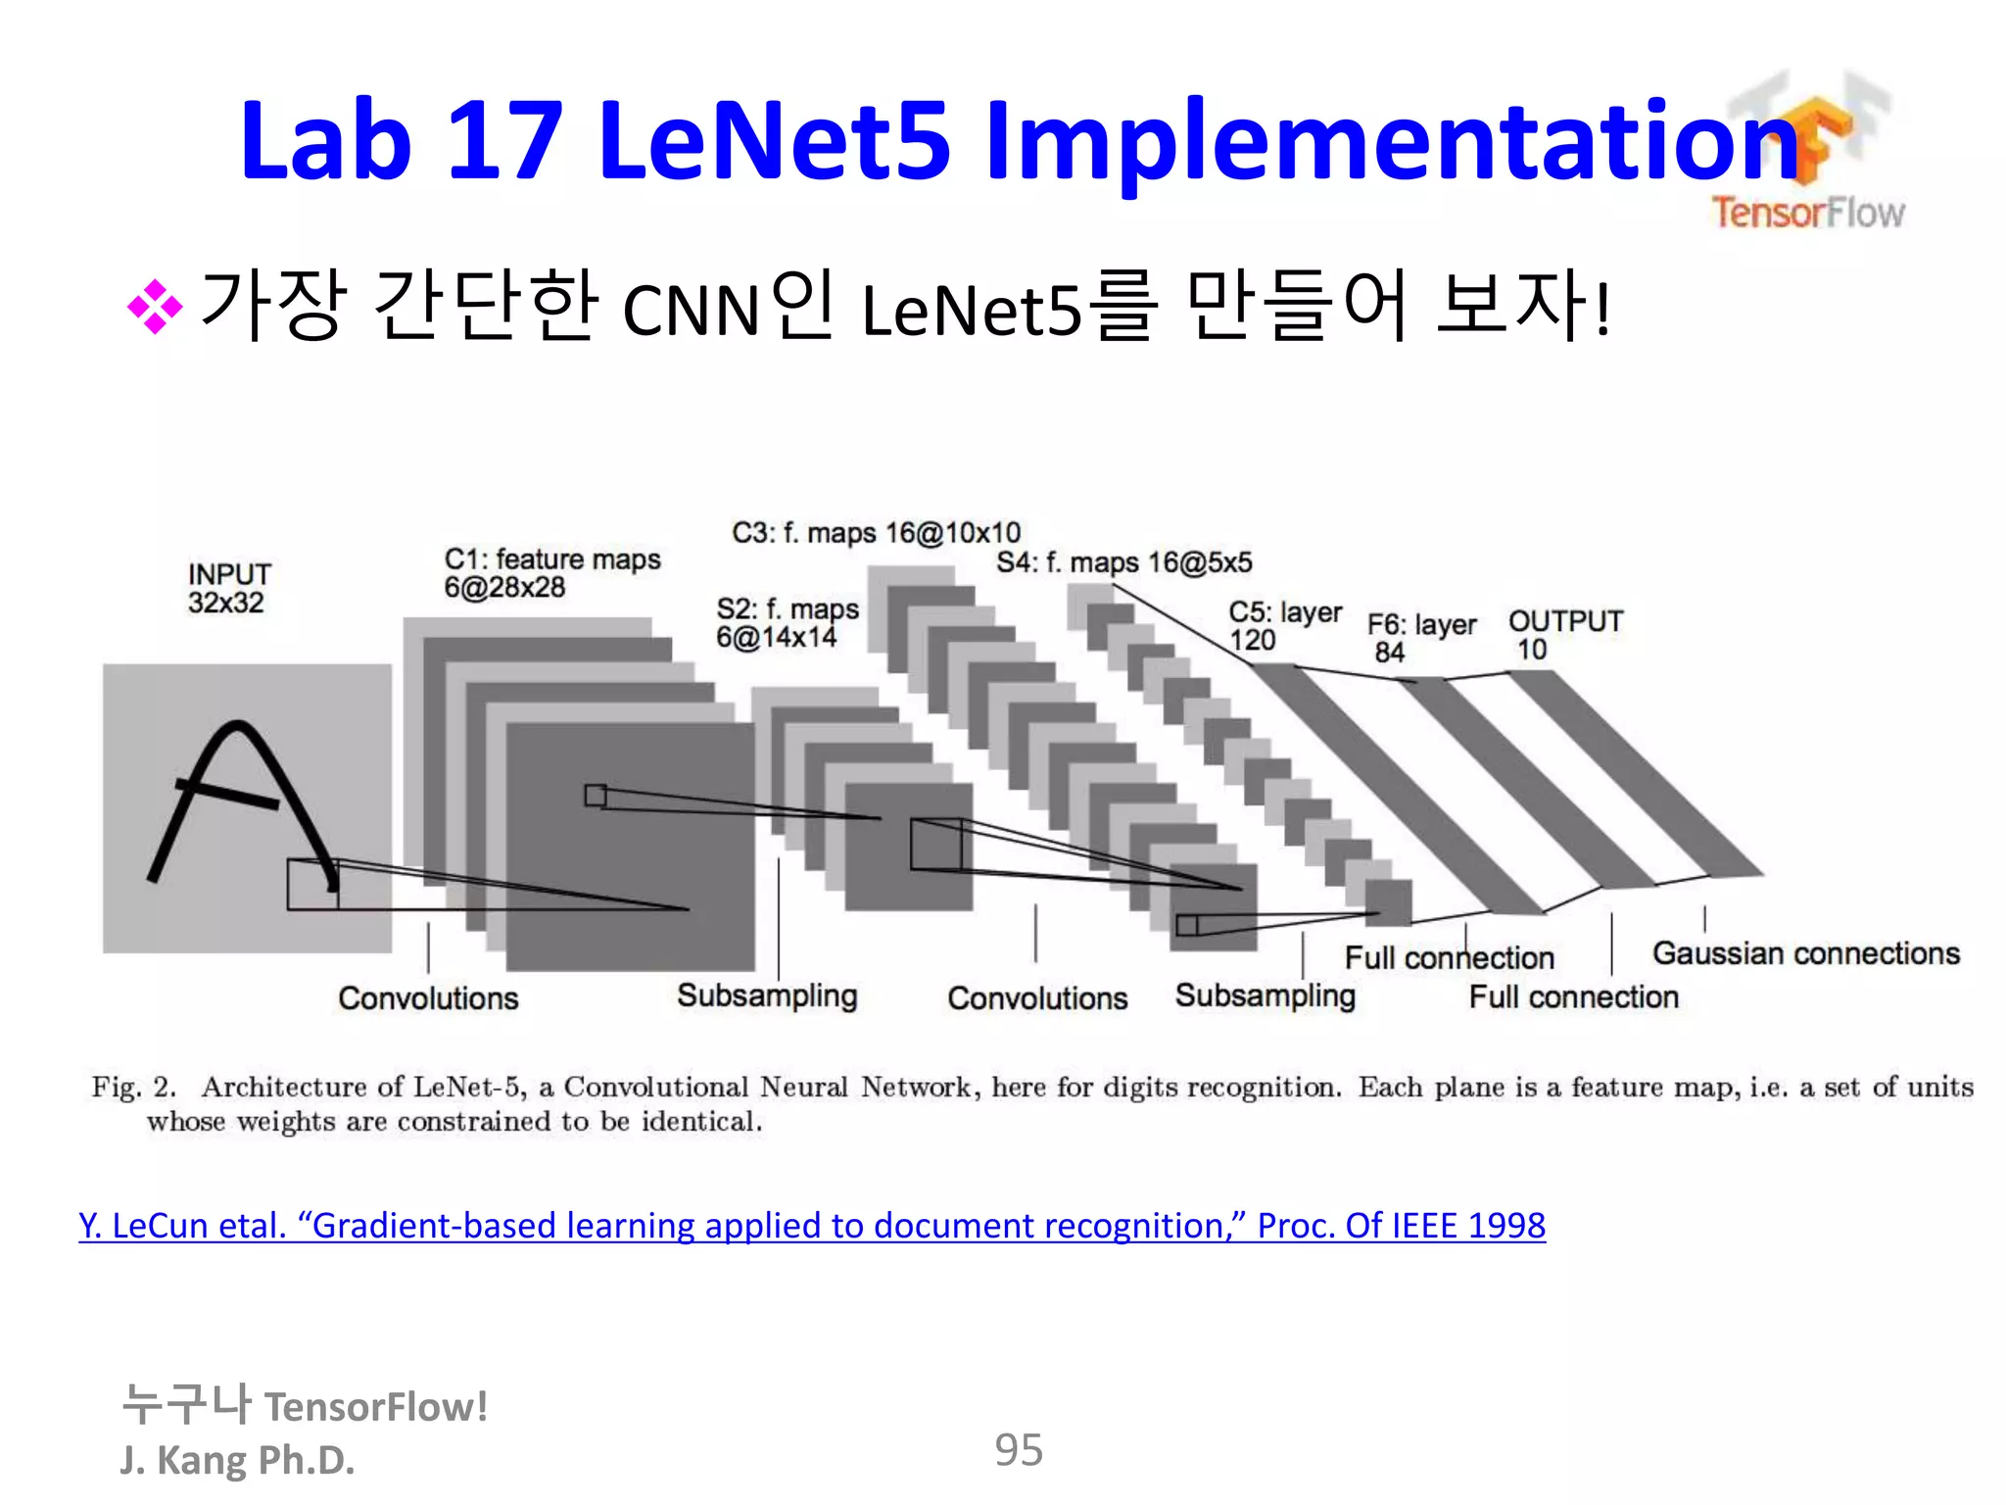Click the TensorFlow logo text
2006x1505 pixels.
coord(1807,212)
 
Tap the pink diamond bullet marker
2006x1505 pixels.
coord(155,307)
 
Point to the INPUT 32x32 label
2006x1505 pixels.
coord(228,588)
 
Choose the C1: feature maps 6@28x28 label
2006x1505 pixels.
coord(551,573)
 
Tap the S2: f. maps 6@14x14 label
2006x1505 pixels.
coord(787,623)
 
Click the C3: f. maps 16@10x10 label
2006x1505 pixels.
coord(876,533)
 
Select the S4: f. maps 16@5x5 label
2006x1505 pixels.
coord(1123,562)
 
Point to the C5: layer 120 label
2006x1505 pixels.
coord(1284,626)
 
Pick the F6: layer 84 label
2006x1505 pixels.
coord(1420,638)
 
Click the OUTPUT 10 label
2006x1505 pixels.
coord(1564,635)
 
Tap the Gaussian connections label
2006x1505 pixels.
coord(1805,953)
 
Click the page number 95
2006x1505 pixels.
coord(1019,1450)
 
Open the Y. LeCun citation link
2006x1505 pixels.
coord(811,1226)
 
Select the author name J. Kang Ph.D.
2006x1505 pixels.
coord(237,1460)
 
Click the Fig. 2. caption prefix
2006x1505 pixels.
coord(134,1087)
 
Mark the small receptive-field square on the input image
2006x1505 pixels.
coord(312,885)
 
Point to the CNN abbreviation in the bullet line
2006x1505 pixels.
coord(692,311)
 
